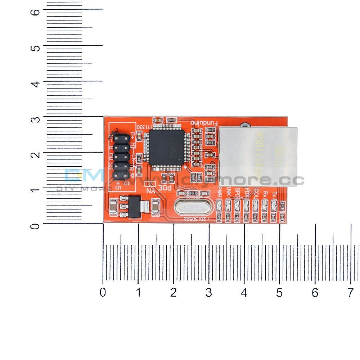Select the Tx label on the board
274,194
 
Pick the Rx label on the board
265,194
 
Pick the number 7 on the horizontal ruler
350,293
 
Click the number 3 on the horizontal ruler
209,293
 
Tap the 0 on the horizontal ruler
103,293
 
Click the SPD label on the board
238,193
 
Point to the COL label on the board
256,192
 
